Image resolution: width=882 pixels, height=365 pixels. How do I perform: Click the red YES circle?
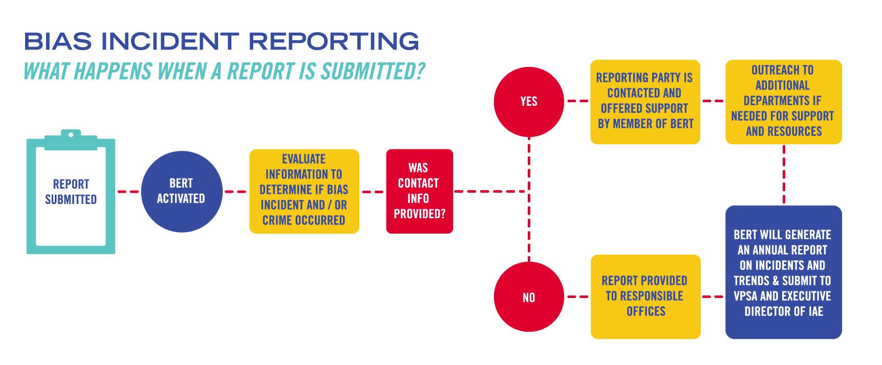[529, 102]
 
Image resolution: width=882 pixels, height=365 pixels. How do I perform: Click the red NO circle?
[529, 297]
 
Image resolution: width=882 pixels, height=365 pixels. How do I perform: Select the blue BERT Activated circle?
[181, 191]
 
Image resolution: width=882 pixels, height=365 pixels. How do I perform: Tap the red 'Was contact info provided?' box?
[419, 191]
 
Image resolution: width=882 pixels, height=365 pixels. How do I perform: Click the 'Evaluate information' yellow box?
[304, 191]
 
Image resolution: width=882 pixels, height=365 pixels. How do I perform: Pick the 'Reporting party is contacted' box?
[645, 101]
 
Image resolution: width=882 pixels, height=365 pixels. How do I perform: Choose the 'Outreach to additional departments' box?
[783, 101]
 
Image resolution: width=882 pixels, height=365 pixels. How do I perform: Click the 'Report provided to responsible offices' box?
[645, 296]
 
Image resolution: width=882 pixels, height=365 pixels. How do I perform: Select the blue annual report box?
[783, 272]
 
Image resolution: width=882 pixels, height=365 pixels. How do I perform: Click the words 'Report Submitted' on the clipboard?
[71, 192]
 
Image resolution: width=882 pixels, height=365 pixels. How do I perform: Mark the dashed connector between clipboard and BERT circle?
[128, 192]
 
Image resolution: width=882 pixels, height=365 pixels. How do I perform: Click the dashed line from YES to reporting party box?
[577, 101]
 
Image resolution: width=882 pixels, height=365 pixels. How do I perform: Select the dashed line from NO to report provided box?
[577, 296]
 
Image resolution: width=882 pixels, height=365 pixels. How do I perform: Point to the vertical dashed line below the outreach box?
[783, 174]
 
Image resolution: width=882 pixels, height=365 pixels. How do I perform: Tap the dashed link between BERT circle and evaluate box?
[236, 192]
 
